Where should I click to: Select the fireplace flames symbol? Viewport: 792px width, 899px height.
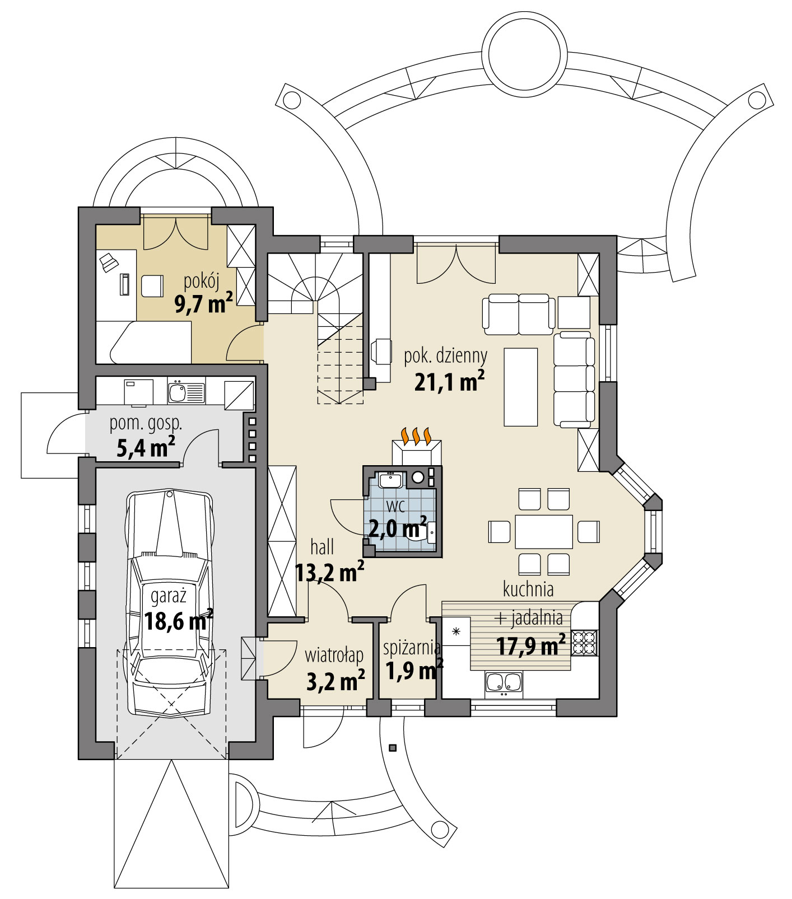(x=416, y=436)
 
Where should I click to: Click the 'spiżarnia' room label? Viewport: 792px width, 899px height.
(x=412, y=648)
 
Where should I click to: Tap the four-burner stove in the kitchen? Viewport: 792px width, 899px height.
(x=584, y=643)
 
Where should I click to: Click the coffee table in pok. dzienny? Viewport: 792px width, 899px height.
(x=520, y=387)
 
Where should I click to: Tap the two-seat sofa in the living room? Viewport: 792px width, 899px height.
(x=519, y=313)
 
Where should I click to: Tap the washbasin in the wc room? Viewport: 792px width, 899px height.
(x=390, y=480)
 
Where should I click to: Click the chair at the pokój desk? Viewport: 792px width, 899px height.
(x=151, y=286)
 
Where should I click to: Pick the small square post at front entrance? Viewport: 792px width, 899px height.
(x=392, y=747)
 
